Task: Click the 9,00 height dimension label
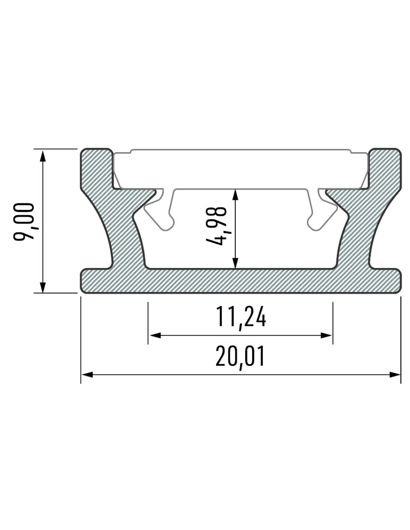click(24, 222)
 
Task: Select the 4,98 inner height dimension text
click(218, 227)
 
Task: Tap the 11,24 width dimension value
click(240, 318)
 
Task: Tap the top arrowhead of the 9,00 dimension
click(42, 155)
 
